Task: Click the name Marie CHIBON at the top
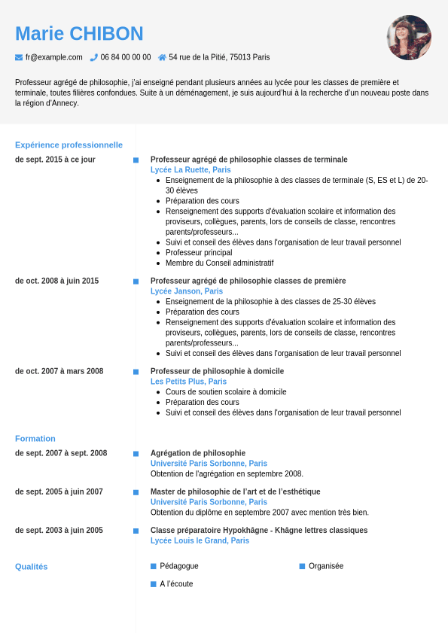pyautogui.click(x=79, y=34)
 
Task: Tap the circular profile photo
pyautogui.click(x=409, y=38)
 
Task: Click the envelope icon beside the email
pyautogui.click(x=19, y=57)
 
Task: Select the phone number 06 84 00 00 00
pyautogui.click(x=125, y=57)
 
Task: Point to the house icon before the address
pyautogui.click(x=162, y=57)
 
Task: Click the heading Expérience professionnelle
pyautogui.click(x=69, y=145)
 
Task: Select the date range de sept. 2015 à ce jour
pyautogui.click(x=55, y=160)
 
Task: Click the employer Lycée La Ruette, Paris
pyautogui.click(x=190, y=170)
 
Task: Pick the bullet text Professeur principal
pyautogui.click(x=199, y=253)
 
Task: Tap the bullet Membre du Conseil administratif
pyautogui.click(x=219, y=263)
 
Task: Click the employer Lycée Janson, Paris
pyautogui.click(x=187, y=291)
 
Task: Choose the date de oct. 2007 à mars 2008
pyautogui.click(x=59, y=371)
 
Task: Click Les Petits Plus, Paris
pyautogui.click(x=188, y=382)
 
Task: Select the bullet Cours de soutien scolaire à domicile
pyautogui.click(x=226, y=392)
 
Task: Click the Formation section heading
pyautogui.click(x=35, y=438)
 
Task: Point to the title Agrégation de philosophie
pyautogui.click(x=198, y=453)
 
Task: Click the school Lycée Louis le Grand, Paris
pyautogui.click(x=200, y=540)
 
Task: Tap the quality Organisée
pyautogui.click(x=326, y=566)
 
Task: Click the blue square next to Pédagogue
pyautogui.click(x=154, y=566)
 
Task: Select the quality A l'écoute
pyautogui.click(x=176, y=584)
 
